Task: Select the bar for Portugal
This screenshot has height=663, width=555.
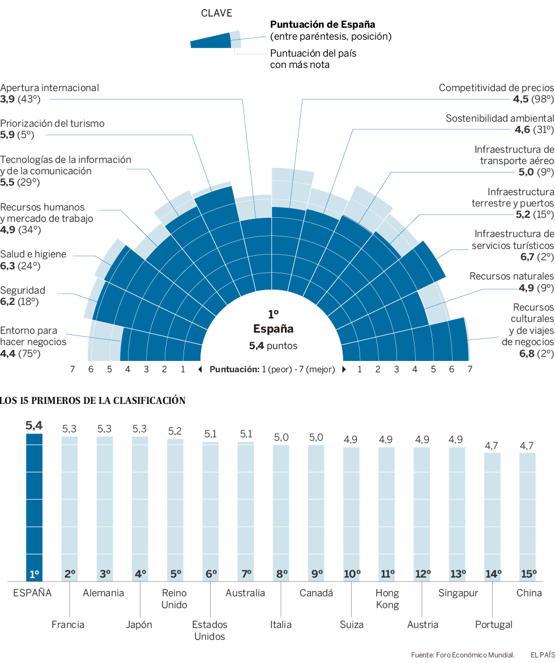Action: (x=493, y=515)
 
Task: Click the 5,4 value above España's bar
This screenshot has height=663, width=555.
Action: (x=34, y=426)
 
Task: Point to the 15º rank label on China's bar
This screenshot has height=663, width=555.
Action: (x=528, y=574)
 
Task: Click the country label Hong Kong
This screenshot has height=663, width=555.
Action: (x=387, y=599)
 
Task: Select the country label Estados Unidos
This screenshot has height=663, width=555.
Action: (x=210, y=630)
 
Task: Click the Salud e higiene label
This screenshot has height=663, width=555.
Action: (x=33, y=254)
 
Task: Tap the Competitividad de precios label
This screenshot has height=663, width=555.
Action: (x=496, y=88)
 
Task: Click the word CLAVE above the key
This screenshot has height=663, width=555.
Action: (x=217, y=13)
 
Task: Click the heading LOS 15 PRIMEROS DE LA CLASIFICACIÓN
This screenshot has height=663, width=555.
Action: (x=93, y=401)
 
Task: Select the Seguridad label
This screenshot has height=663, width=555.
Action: (x=23, y=290)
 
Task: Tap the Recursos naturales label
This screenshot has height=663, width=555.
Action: (x=511, y=276)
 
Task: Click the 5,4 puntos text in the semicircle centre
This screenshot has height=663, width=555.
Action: (x=273, y=346)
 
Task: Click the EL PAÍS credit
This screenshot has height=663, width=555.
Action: (x=542, y=655)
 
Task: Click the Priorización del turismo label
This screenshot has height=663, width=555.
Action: (x=52, y=123)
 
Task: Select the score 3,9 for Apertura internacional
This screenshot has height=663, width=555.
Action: (x=7, y=99)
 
